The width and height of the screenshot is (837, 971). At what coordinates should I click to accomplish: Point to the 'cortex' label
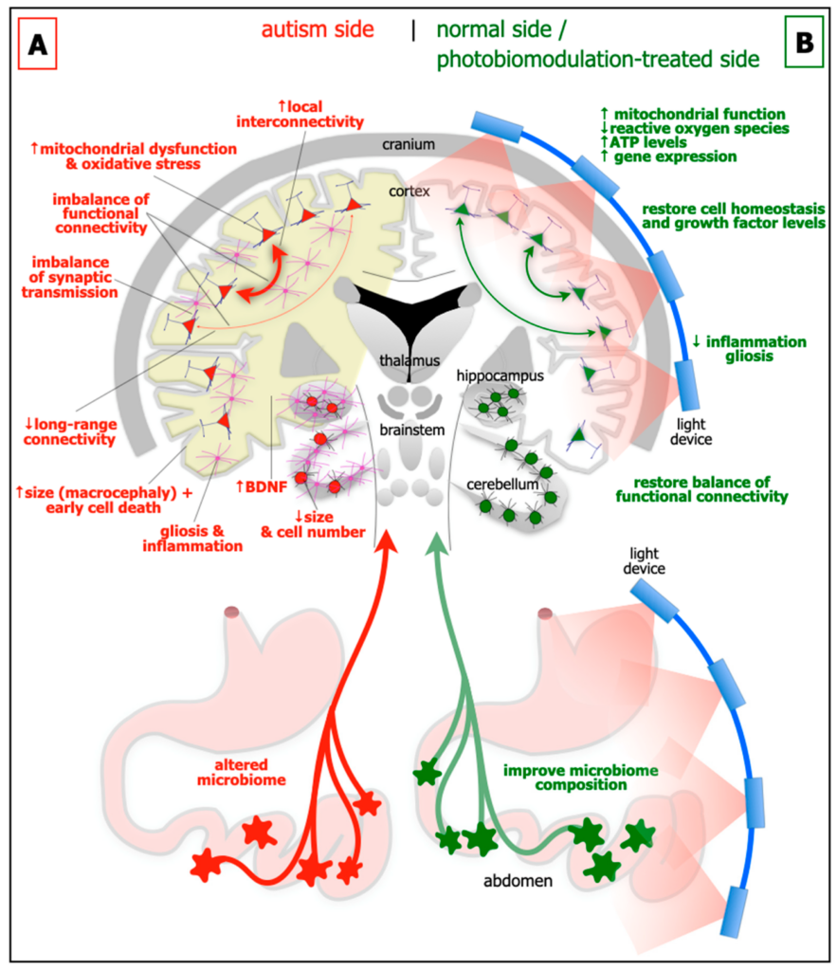pyautogui.click(x=409, y=192)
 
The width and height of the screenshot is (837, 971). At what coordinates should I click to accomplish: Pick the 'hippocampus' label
pyautogui.click(x=500, y=376)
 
